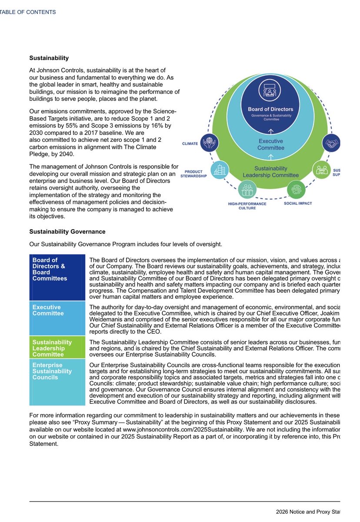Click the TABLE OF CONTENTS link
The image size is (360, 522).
pyautogui.click(x=28, y=12)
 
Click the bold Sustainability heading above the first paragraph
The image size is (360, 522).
pyautogui.click(x=49, y=58)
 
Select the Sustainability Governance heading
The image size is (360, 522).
pyautogui.click(x=67, y=232)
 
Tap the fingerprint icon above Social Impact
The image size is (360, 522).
pyautogui.click(x=297, y=190)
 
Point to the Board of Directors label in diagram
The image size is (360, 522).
pyautogui.click(x=270, y=109)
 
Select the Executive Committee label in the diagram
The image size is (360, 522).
pyautogui.click(x=270, y=144)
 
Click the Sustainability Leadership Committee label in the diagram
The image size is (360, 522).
pyautogui.click(x=270, y=172)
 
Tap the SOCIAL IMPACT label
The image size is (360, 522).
pyautogui.click(x=297, y=203)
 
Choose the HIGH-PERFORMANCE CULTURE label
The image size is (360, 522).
pyautogui.click(x=247, y=206)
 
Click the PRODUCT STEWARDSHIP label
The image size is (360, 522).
pyautogui.click(x=193, y=174)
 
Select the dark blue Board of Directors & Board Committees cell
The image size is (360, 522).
pyautogui.click(x=57, y=277)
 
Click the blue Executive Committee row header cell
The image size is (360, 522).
pyautogui.click(x=57, y=318)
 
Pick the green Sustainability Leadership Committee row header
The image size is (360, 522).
pyautogui.click(x=57, y=348)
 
